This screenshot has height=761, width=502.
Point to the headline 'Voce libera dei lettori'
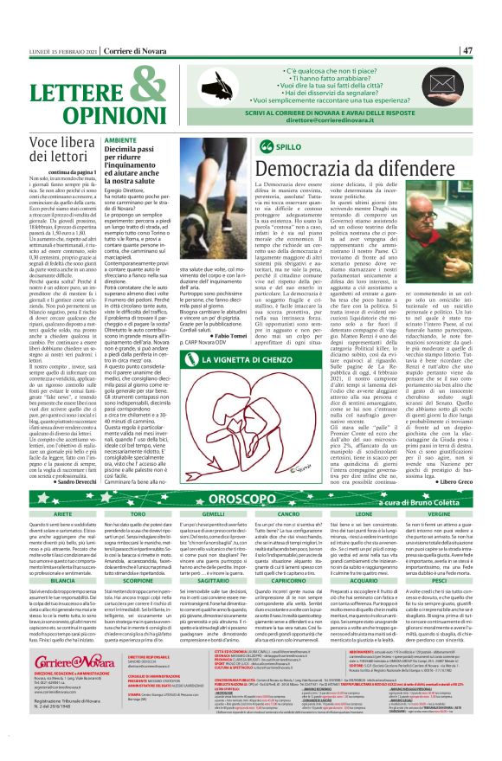pyautogui.click(x=53, y=152)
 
